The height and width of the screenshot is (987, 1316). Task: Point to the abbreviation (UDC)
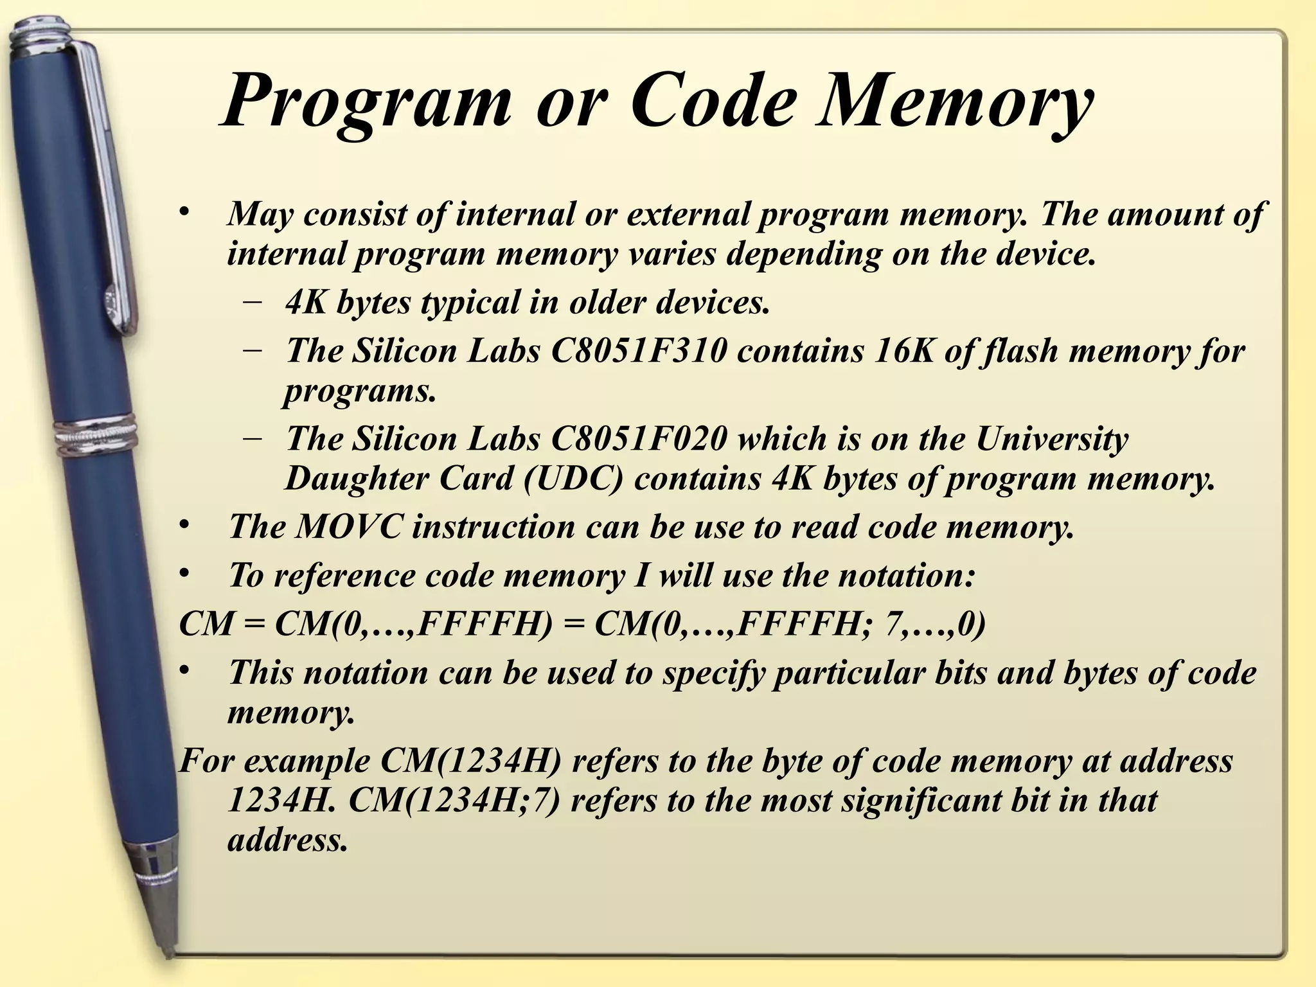tap(574, 479)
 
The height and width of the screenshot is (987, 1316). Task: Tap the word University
tap(1052, 439)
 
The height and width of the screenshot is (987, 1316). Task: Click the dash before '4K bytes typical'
tap(253, 301)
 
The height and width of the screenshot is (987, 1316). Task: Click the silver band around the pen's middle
tap(96, 437)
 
